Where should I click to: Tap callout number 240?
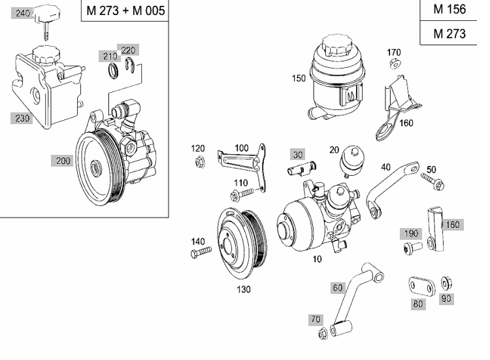click(23, 13)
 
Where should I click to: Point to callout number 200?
click(63, 161)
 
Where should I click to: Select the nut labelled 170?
click(394, 64)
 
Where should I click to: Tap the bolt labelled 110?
click(242, 194)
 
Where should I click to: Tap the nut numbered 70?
click(323, 334)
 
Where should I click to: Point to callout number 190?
click(410, 234)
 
